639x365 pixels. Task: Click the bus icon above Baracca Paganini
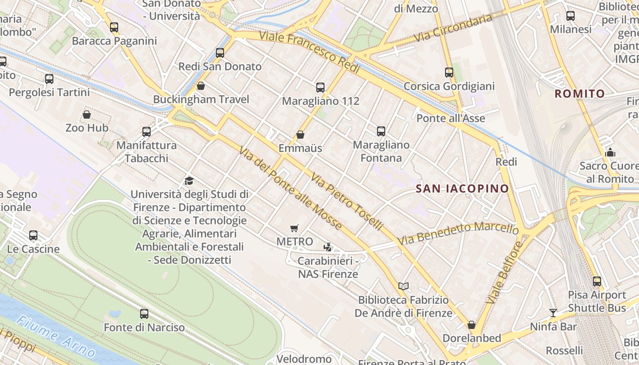pyautogui.click(x=114, y=27)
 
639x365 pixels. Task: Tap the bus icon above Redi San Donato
pyautogui.click(x=220, y=53)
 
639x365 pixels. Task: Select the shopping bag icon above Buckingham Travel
pyautogui.click(x=200, y=86)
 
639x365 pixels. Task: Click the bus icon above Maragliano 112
pyautogui.click(x=320, y=88)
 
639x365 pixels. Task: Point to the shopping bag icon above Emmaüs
pyautogui.click(x=300, y=135)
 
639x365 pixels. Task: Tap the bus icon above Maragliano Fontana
pyautogui.click(x=381, y=131)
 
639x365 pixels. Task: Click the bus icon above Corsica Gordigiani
pyautogui.click(x=449, y=73)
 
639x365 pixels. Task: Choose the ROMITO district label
pyautogui.click(x=579, y=94)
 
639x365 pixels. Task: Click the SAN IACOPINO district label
pyautogui.click(x=462, y=188)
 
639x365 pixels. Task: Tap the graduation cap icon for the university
pyautogui.click(x=189, y=181)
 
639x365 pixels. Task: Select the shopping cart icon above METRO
pyautogui.click(x=295, y=228)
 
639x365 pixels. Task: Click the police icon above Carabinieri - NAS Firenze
pyautogui.click(x=327, y=247)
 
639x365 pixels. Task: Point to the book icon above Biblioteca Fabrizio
pyautogui.click(x=403, y=287)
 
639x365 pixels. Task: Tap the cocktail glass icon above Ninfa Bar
pyautogui.click(x=553, y=313)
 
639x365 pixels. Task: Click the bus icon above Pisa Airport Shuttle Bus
pyautogui.click(x=597, y=282)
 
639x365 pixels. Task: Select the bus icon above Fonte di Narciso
pyautogui.click(x=144, y=314)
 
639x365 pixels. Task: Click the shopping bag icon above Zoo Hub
pyautogui.click(x=87, y=115)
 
